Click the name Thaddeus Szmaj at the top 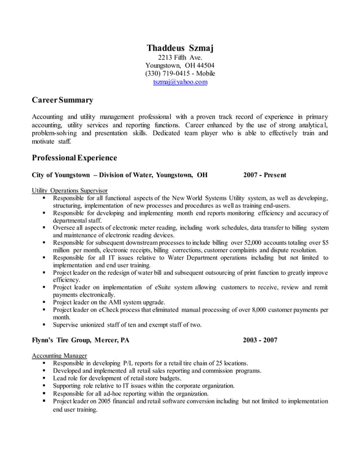point(180,47)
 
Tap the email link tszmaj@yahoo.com point(180,82)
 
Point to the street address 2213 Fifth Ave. point(180,57)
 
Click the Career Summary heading point(63,100)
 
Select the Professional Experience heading point(74,157)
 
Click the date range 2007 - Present point(265,175)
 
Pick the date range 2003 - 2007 point(260,340)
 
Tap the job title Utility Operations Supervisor point(70,191)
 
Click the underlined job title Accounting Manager point(59,355)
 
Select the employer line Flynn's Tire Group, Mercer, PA point(81,340)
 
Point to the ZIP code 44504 point(204,65)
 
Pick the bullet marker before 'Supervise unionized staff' point(44,325)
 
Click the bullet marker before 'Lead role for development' point(44,379)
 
